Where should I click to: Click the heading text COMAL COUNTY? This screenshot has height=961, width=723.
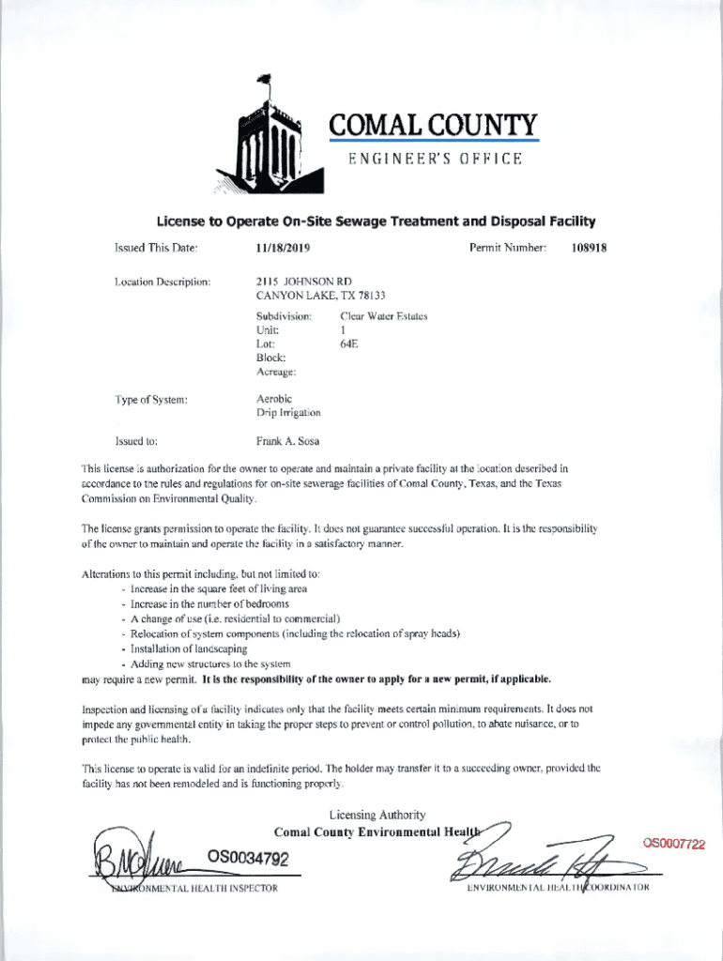tap(434, 125)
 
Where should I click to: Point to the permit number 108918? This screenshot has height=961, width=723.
tap(589, 248)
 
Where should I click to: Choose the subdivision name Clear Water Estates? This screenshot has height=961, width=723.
tap(383, 316)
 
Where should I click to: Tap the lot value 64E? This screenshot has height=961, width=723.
tap(348, 344)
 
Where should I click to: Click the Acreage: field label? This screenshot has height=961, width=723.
tap(276, 373)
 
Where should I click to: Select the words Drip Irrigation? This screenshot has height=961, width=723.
tap(288, 413)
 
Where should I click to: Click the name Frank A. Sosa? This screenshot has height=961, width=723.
tap(287, 439)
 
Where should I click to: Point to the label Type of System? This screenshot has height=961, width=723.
tap(151, 400)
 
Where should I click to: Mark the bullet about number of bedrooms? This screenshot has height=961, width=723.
tap(209, 604)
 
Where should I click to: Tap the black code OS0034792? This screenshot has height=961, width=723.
tap(248, 858)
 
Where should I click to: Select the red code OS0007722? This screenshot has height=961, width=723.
tap(673, 844)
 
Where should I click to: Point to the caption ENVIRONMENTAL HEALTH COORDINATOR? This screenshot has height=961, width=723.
tap(558, 888)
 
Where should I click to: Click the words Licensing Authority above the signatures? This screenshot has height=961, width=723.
tap(377, 815)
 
